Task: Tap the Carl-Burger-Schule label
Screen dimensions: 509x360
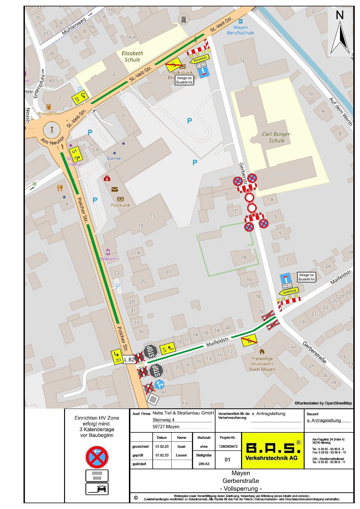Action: tap(276, 137)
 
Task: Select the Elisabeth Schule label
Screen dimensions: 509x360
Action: tap(132, 57)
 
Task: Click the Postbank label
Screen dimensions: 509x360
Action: tap(120, 205)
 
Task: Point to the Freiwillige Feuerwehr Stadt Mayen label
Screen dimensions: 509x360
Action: tap(262, 364)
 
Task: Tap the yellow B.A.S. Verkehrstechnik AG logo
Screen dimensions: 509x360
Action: tap(273, 451)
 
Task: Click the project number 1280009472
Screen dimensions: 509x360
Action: tap(228, 447)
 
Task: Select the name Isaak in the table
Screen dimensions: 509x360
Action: tap(181, 447)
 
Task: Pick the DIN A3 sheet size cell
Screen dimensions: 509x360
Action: tap(204, 464)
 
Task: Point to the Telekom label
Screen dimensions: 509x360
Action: tap(108, 259)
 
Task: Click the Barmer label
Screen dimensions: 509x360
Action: tap(114, 158)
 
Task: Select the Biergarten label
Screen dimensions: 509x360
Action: tap(49, 114)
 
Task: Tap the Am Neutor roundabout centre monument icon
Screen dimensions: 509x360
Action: tap(52, 129)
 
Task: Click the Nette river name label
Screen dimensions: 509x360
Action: tap(329, 83)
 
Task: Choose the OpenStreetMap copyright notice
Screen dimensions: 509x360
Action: tap(323, 403)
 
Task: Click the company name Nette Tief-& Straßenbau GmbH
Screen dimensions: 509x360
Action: tap(183, 413)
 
